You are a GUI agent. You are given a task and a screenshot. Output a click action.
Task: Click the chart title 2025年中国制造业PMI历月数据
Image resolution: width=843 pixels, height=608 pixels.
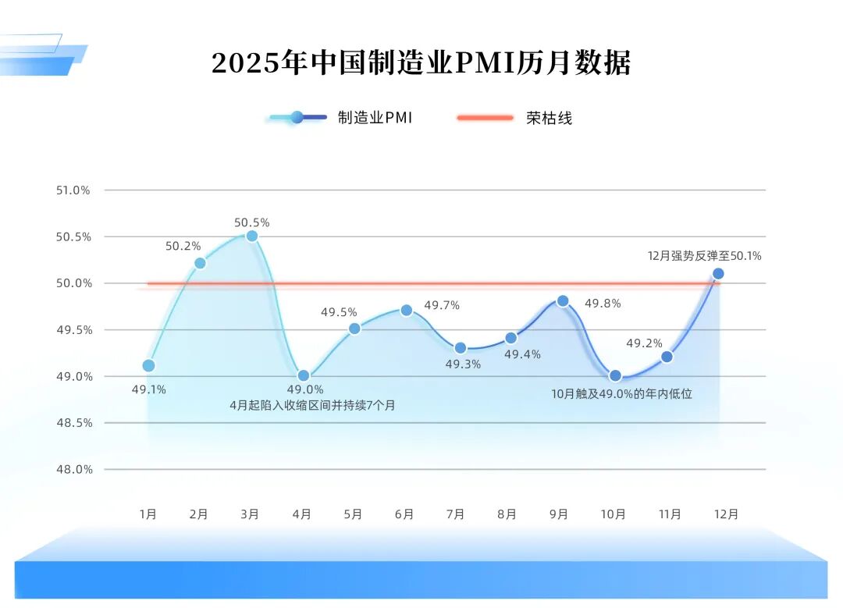[421, 62]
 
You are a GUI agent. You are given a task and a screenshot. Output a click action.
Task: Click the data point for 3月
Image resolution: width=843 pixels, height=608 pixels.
[251, 236]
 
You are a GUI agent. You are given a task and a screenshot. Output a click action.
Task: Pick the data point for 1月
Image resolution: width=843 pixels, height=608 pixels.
[148, 365]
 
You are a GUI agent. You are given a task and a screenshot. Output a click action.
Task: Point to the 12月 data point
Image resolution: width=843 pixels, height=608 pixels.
[718, 273]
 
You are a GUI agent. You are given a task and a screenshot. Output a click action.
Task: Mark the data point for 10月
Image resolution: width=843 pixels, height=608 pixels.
[615, 375]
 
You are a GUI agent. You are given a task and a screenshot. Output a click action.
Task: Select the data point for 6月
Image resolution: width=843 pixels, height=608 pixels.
[406, 310]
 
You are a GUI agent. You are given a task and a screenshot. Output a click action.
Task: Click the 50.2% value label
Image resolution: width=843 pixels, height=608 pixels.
[183, 246]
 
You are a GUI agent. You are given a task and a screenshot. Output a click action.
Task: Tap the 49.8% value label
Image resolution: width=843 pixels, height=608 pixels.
[603, 304]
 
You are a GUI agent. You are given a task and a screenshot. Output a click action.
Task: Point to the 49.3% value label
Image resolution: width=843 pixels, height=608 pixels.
[463, 364]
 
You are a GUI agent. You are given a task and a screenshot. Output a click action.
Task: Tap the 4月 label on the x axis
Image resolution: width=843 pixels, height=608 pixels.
[302, 514]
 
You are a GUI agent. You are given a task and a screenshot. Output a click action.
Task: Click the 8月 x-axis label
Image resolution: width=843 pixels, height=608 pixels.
[507, 514]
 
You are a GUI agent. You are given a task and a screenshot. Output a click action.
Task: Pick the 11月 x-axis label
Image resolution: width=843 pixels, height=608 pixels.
[670, 514]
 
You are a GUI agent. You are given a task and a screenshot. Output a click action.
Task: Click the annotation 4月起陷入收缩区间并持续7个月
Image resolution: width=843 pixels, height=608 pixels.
[312, 405]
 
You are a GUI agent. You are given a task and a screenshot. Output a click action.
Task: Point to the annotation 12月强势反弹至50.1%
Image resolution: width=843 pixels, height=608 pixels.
[705, 255]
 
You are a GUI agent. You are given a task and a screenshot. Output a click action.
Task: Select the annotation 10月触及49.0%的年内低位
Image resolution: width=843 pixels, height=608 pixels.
[621, 394]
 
